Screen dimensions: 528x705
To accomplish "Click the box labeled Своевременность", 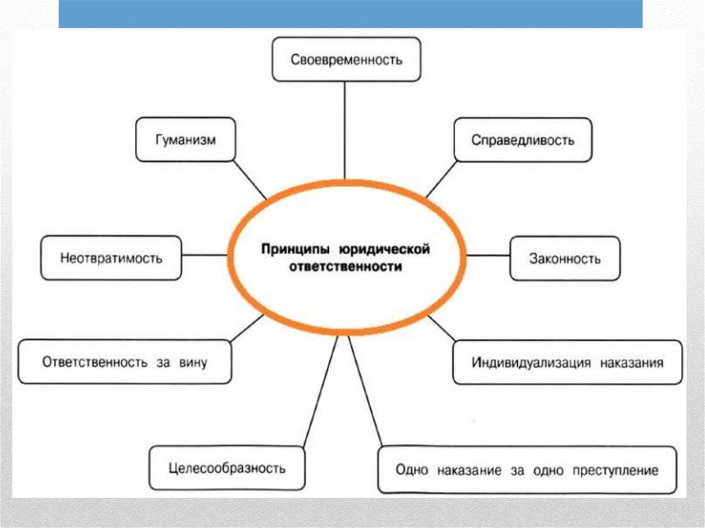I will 346,59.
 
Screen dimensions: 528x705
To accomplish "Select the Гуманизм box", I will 185,140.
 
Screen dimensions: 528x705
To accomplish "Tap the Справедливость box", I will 523,140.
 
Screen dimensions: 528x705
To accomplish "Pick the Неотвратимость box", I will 111,258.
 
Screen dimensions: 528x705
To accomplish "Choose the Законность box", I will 565,258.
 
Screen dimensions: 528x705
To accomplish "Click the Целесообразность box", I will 227,468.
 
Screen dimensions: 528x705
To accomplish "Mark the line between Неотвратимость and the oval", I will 204,255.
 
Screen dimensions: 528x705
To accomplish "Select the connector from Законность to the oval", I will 488,255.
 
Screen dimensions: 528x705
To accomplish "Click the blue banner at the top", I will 350,14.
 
